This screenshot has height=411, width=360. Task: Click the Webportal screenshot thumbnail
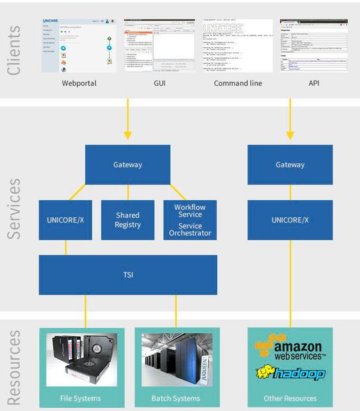(78, 45)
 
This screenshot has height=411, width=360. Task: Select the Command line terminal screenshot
(238, 45)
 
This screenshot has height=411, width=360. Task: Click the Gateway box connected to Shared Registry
(127, 165)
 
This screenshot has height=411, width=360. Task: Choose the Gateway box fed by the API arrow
(290, 165)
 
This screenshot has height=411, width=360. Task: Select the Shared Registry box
(127, 220)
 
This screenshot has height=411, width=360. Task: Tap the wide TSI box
(127, 274)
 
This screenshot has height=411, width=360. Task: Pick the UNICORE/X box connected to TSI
(65, 220)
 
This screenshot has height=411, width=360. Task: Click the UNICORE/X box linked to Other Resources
(290, 220)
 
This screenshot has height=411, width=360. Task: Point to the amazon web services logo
(291, 348)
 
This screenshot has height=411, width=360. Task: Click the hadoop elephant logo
(291, 374)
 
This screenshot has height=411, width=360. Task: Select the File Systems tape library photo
(81, 360)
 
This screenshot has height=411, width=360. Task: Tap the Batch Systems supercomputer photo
(175, 360)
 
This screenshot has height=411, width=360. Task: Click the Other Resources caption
(290, 398)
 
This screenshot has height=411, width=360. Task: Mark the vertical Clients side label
(15, 51)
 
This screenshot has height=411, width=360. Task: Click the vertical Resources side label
(15, 366)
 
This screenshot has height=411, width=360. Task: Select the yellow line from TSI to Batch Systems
(176, 310)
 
